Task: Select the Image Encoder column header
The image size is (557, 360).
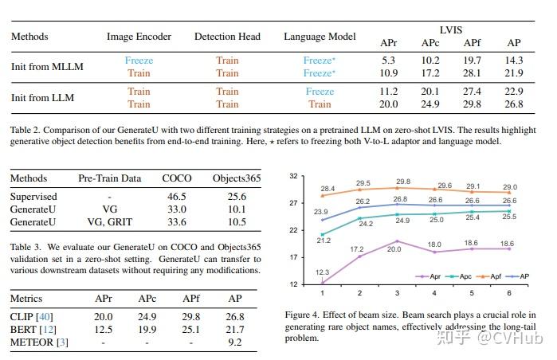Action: pyautogui.click(x=140, y=37)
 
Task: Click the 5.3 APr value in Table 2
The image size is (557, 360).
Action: pyautogui.click(x=388, y=61)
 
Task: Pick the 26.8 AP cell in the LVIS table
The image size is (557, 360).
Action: pyautogui.click(x=513, y=104)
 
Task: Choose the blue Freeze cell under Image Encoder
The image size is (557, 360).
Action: pyautogui.click(x=139, y=61)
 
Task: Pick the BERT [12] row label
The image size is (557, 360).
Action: pyautogui.click(x=33, y=330)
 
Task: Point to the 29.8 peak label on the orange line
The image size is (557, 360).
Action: pyautogui.click(x=402, y=182)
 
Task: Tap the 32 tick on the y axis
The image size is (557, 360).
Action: pyautogui.click(x=294, y=175)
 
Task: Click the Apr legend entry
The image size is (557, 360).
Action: pyautogui.click(x=431, y=276)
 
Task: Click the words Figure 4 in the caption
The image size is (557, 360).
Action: pyautogui.click(x=305, y=315)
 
